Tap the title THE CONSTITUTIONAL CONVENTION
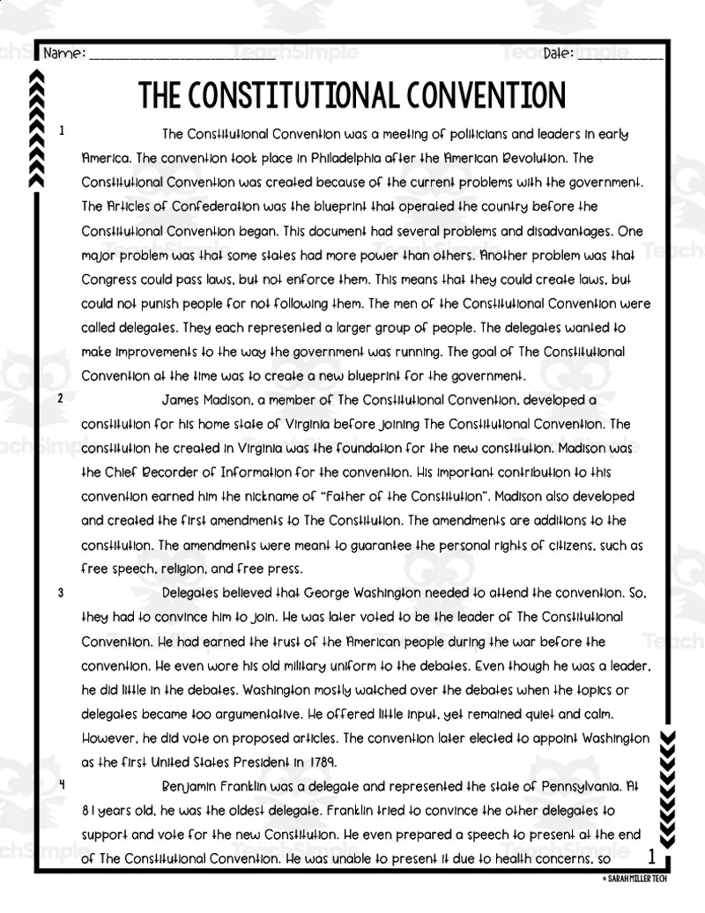pos(352,94)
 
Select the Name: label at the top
pos(64,54)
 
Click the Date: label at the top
pos(558,54)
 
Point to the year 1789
pos(317,762)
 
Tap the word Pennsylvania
pos(567,786)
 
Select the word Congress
pos(108,279)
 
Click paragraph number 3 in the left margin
pos(61,593)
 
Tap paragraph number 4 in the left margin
pos(61,784)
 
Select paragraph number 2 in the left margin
pos(61,398)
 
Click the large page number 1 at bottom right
pos(650,856)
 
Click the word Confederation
pos(215,207)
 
